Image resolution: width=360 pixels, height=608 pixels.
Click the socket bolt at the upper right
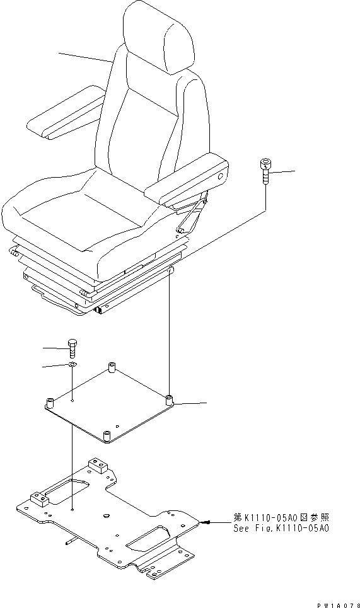[264, 171]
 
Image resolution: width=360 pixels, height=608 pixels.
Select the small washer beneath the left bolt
[73, 365]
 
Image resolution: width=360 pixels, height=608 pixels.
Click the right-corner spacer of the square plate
[169, 400]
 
